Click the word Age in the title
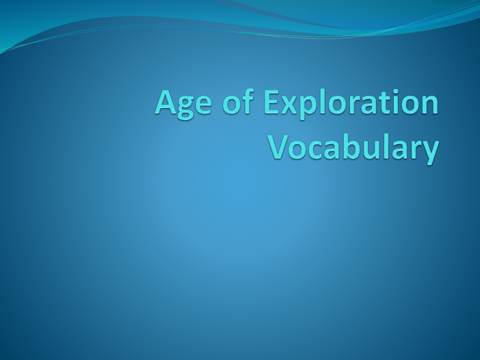click(x=183, y=104)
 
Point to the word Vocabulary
click(x=353, y=148)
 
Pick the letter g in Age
click(x=185, y=108)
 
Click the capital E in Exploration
click(x=272, y=102)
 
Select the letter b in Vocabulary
click(x=352, y=146)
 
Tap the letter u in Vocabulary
click(x=372, y=150)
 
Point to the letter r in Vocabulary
click(x=413, y=150)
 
